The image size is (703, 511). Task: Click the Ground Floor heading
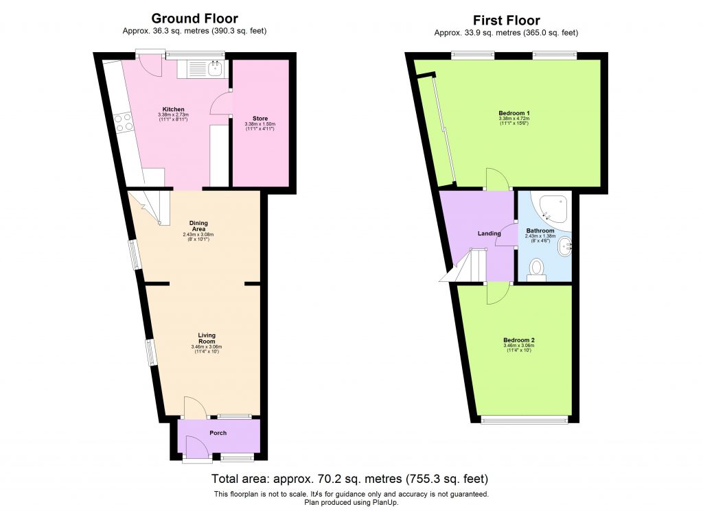tap(194, 19)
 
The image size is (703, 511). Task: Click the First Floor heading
tap(506, 21)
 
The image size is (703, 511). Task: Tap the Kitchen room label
tap(173, 109)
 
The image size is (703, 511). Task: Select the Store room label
tap(260, 118)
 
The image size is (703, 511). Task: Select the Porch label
tap(218, 433)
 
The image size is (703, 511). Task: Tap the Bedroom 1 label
tap(514, 113)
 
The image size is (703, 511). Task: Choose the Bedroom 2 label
tap(519, 341)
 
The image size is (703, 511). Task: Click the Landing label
tap(489, 233)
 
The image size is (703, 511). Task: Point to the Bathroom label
tap(540, 231)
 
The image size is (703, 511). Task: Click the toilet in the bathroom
tap(536, 269)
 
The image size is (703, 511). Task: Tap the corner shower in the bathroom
tap(555, 206)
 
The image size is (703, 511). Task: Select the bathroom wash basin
tap(565, 245)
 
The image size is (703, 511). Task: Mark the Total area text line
tap(351, 479)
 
